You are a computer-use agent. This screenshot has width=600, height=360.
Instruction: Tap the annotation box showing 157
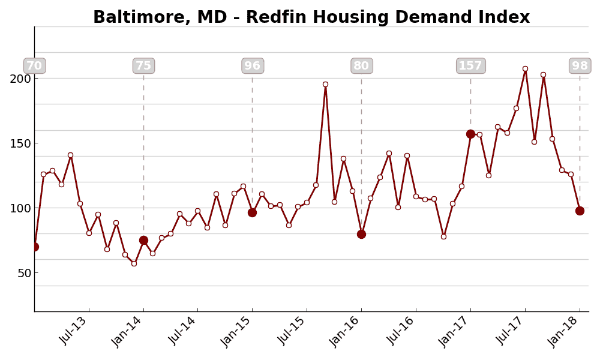tap(470, 66)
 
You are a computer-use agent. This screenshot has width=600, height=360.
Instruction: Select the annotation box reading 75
tap(143, 66)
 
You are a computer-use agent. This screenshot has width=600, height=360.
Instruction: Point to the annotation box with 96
tap(253, 66)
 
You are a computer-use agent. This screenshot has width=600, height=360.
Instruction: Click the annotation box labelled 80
tap(361, 66)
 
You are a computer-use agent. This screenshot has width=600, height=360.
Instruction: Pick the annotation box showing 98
tap(580, 66)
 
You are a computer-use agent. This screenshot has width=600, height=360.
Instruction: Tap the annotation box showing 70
tap(34, 66)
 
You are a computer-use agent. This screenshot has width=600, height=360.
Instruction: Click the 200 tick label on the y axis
tap(20, 79)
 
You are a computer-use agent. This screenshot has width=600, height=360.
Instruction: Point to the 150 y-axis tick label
tap(20, 143)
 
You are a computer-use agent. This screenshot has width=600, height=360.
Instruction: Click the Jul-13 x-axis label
tap(74, 329)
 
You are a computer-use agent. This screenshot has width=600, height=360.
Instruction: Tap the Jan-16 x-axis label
tap(346, 331)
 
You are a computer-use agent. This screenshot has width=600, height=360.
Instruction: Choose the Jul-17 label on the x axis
tap(510, 329)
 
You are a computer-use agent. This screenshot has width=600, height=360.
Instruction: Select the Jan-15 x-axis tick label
tap(237, 331)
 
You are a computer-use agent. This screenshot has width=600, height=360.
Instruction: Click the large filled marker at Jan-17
tap(470, 134)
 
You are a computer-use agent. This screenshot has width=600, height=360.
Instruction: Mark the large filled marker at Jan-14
tap(143, 240)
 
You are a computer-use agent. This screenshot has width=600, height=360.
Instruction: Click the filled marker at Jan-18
tap(580, 211)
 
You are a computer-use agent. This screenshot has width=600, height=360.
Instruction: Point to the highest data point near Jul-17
tap(525, 68)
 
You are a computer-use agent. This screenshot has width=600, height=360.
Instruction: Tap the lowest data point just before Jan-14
tap(134, 263)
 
